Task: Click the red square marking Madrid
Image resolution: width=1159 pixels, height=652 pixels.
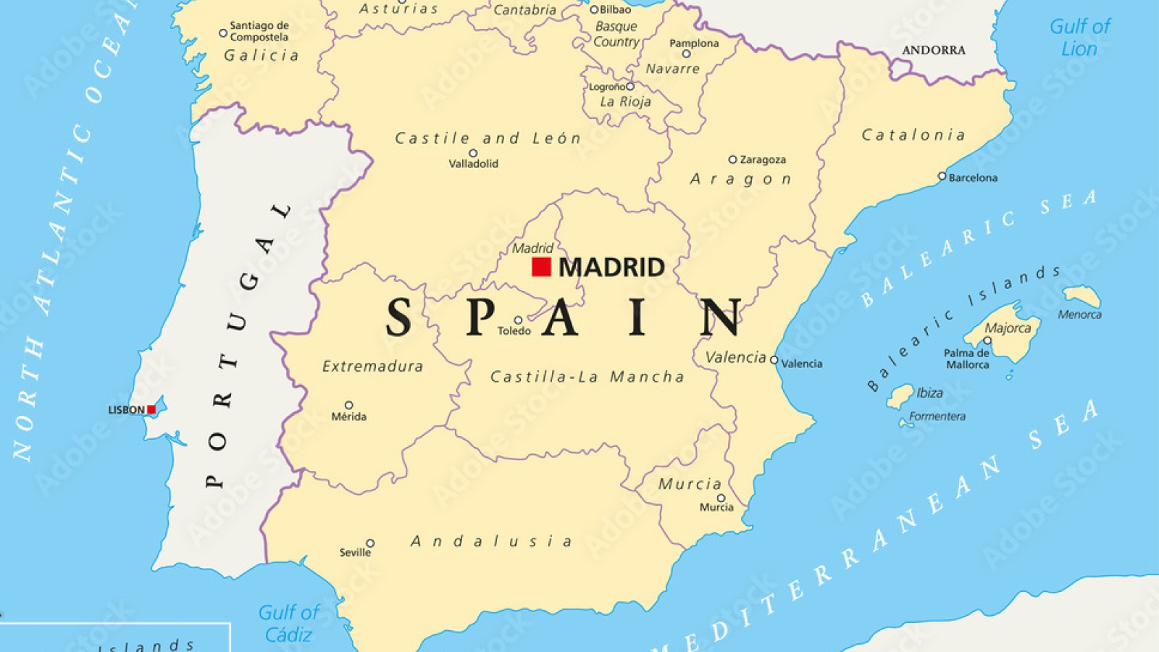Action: tap(541, 267)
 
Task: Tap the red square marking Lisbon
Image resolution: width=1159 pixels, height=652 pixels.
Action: tap(151, 410)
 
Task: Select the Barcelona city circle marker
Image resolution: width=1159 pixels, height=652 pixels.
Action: tap(942, 176)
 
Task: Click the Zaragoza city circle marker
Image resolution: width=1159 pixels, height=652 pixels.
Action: tap(732, 159)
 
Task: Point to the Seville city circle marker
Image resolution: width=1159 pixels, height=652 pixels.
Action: tap(370, 543)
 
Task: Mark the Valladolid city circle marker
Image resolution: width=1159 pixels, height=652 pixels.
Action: tap(473, 154)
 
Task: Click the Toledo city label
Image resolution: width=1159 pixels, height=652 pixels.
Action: tap(514, 331)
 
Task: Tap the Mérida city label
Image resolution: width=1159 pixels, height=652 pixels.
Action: tap(348, 417)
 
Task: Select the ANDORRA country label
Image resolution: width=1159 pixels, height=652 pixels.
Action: tap(934, 50)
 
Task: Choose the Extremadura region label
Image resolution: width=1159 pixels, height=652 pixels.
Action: tap(372, 367)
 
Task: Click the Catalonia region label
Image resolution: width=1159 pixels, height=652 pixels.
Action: tap(913, 135)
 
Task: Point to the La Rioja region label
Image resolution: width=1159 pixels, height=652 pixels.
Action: tap(625, 102)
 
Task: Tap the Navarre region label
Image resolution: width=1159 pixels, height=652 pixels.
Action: tap(672, 69)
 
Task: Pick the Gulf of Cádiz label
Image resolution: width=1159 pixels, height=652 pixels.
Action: tap(288, 624)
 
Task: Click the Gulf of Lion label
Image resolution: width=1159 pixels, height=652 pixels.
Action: tap(1079, 38)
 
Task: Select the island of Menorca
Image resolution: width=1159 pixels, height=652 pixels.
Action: tap(1082, 295)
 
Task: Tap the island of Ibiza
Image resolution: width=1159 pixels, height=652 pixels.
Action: tap(900, 395)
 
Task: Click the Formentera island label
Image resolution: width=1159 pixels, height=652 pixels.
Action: tap(937, 417)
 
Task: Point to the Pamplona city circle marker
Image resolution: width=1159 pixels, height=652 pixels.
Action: tap(687, 54)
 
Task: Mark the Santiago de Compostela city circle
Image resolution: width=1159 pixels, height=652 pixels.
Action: tap(223, 33)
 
